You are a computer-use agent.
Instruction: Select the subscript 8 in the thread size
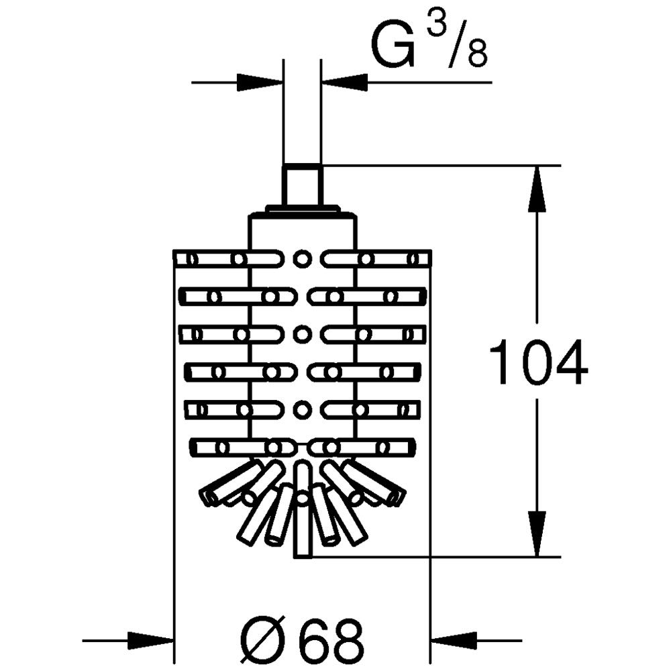point(477,54)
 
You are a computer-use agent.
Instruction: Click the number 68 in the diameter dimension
point(331,640)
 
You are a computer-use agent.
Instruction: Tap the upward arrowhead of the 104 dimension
point(537,189)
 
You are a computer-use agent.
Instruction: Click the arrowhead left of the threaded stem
point(260,82)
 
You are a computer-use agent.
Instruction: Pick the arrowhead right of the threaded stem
point(344,82)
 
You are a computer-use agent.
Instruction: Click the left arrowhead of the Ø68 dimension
point(150,641)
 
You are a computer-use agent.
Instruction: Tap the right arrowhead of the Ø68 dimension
point(455,641)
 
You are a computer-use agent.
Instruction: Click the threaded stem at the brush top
point(303,185)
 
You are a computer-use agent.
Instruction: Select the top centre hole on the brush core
point(302,258)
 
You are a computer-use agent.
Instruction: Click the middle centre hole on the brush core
point(302,333)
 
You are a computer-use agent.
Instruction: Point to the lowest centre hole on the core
point(302,409)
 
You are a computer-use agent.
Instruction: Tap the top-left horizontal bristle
point(229,259)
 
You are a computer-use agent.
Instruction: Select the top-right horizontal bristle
point(377,259)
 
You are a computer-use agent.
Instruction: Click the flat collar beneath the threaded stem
point(303,209)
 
